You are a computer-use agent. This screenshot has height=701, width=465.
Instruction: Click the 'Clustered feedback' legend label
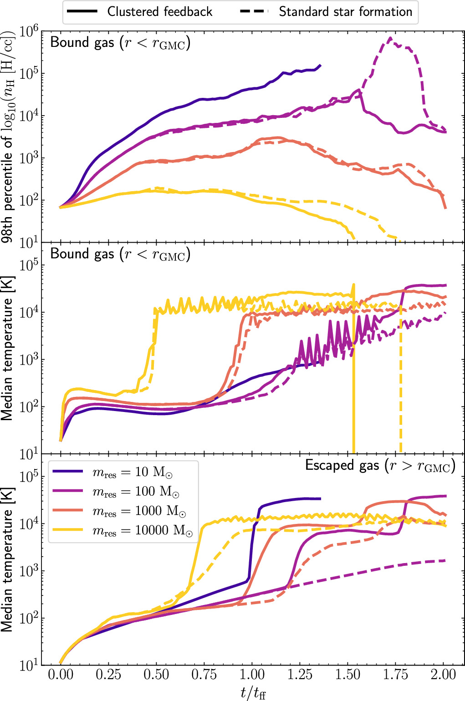click(x=159, y=12)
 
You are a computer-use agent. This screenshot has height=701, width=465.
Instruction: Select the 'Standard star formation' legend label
click(x=345, y=12)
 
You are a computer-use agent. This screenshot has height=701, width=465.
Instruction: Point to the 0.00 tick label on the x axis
click(x=61, y=675)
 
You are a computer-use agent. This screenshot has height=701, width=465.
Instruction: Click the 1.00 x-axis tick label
click(x=252, y=675)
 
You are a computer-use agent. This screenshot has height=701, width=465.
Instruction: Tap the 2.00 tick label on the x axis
click(x=443, y=675)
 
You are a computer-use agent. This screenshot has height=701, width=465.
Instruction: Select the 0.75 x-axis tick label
click(x=204, y=675)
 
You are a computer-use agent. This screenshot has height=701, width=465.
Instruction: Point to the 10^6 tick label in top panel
click(x=29, y=31)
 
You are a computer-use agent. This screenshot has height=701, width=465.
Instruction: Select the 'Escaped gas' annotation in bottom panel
click(x=380, y=466)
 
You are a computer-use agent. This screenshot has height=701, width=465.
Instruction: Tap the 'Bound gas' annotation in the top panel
click(x=120, y=43)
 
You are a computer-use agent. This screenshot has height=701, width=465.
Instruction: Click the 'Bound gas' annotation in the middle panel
click(x=120, y=254)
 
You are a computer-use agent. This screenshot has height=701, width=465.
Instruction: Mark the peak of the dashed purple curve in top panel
click(x=390, y=38)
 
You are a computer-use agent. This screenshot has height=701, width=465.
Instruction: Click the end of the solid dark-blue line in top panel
click(x=320, y=65)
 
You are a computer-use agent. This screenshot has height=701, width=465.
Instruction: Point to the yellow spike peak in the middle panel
click(x=353, y=284)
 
